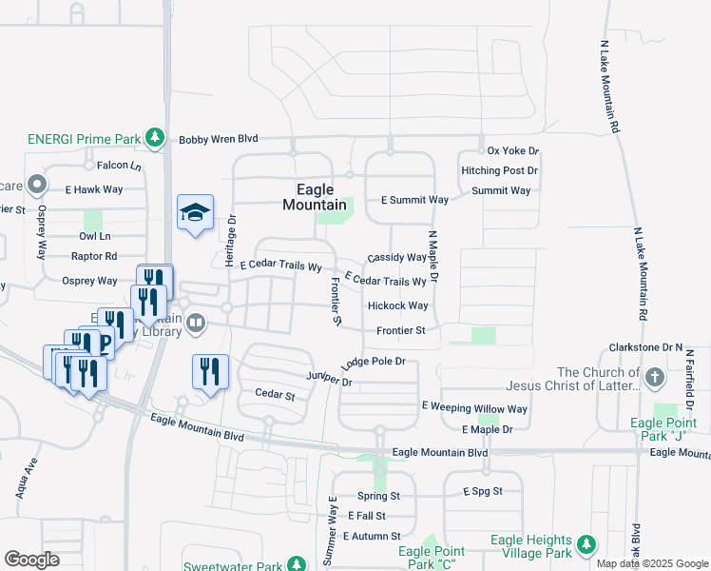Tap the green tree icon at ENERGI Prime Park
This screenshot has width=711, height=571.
coord(154,139)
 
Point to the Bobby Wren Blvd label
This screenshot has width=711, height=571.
coord(219,139)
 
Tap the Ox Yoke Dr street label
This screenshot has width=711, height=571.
coord(512,151)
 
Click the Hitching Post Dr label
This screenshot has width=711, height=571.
coord(499,170)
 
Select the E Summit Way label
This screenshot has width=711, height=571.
coord(414,200)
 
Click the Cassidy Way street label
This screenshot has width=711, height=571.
coord(397,257)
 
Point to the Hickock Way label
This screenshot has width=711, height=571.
coord(397,305)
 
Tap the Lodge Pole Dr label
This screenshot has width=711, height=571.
coord(374,363)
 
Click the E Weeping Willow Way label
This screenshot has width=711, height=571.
coord(474,408)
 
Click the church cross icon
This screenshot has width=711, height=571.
coord(655,379)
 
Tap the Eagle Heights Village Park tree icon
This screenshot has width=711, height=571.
coord(587,545)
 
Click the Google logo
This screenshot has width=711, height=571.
coord(31,560)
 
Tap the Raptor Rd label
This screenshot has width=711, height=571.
coord(94,256)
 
